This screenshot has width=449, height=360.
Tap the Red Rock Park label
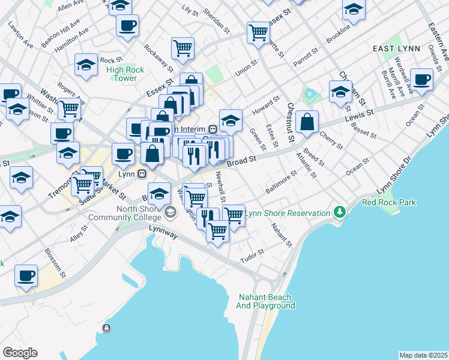[x=389, y=202]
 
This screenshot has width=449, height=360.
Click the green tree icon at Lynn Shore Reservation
[x=340, y=212]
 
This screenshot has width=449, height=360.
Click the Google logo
[x=20, y=353]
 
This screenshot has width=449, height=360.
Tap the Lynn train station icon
[x=142, y=174]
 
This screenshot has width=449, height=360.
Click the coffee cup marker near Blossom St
[x=26, y=275]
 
